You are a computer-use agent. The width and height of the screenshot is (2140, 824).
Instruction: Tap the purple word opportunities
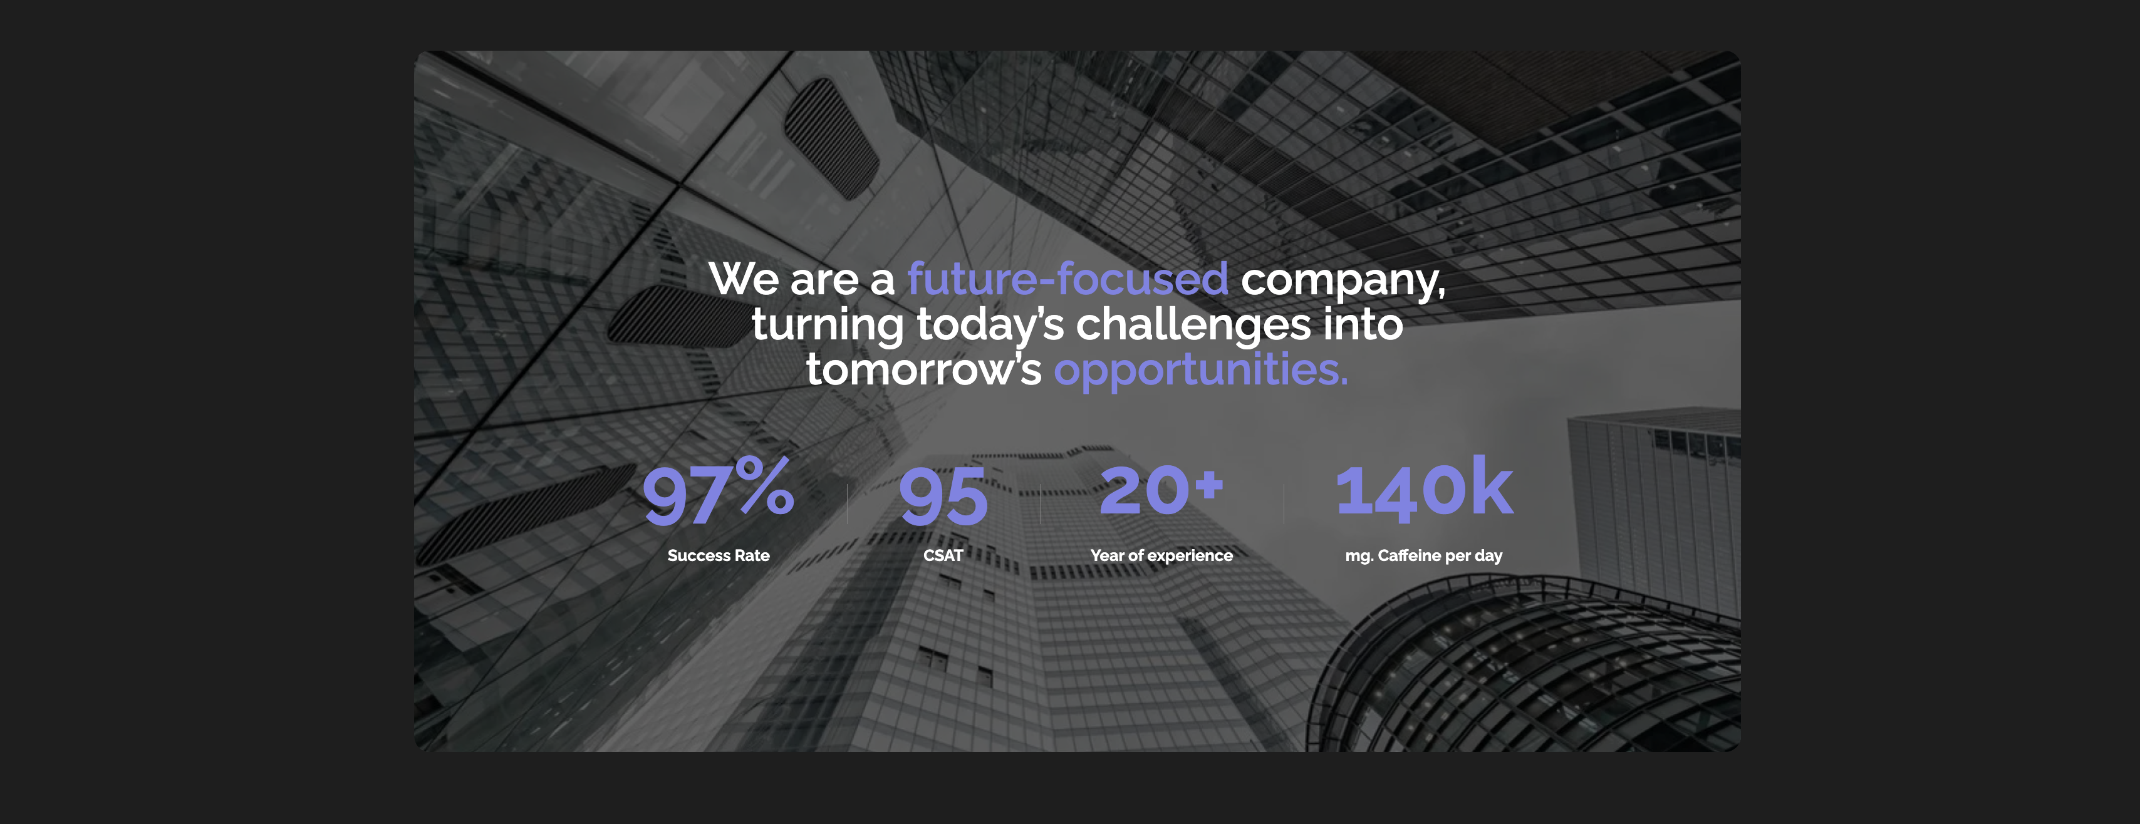(1200, 371)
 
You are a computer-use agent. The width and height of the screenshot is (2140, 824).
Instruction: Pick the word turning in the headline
(828, 326)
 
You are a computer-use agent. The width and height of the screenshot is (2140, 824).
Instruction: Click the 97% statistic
(718, 492)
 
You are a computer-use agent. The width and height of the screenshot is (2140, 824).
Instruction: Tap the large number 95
(943, 496)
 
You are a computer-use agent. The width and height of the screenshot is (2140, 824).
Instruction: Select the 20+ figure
(1161, 490)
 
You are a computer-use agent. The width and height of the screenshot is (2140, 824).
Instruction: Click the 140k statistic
(1424, 488)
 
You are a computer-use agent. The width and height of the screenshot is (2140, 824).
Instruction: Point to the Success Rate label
(719, 556)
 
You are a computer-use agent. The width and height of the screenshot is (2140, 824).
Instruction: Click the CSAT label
(943, 556)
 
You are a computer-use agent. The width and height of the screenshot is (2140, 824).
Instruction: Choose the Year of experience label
(1161, 556)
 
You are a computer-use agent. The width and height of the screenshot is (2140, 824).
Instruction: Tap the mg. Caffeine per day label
(1424, 556)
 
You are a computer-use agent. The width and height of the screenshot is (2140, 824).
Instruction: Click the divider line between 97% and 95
(848, 503)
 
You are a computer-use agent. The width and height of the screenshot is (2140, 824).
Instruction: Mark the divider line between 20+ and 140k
(1284, 503)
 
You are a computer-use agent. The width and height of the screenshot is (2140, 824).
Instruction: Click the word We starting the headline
(744, 279)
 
